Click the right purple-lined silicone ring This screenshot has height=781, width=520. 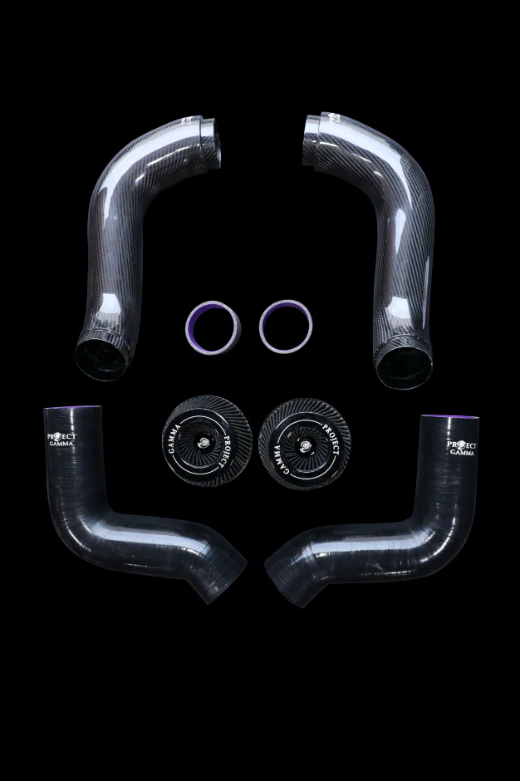286,325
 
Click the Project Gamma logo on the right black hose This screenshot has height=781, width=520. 461,447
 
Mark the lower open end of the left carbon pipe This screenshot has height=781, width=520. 101,355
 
